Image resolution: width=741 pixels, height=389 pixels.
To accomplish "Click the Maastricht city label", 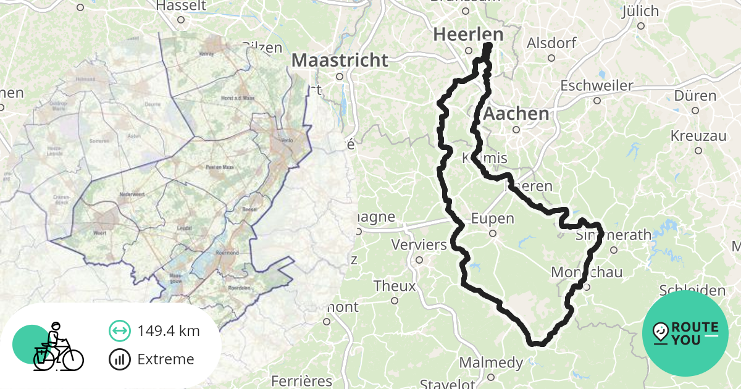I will click(x=340, y=61).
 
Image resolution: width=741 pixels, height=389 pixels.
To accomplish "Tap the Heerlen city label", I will click(x=468, y=35).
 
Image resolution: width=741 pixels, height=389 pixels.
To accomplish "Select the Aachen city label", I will click(x=516, y=114).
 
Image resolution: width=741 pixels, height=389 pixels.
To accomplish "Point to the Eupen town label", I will click(x=492, y=218).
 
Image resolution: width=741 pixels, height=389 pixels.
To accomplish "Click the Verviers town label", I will click(x=419, y=245).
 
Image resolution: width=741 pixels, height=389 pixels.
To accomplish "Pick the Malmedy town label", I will click(x=491, y=362).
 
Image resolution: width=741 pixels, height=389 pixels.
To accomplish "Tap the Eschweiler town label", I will click(x=597, y=85).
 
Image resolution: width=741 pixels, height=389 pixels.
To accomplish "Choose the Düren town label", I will click(x=695, y=96).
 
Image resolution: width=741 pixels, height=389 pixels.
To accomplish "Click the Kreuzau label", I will click(x=698, y=135).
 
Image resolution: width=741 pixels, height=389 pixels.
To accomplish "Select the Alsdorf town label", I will click(x=551, y=43).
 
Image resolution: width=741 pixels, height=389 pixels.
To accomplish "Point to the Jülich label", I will click(x=640, y=11).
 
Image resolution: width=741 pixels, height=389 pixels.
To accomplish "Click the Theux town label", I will click(x=394, y=286).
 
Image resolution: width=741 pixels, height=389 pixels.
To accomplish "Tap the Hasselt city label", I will click(x=180, y=6).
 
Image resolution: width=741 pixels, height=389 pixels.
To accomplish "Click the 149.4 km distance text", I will click(x=169, y=331).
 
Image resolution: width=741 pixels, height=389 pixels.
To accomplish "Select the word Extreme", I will click(x=165, y=359).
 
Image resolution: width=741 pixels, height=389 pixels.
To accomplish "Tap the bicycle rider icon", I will click(x=57, y=347).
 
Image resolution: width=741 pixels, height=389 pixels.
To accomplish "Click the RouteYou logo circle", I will click(x=685, y=333).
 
